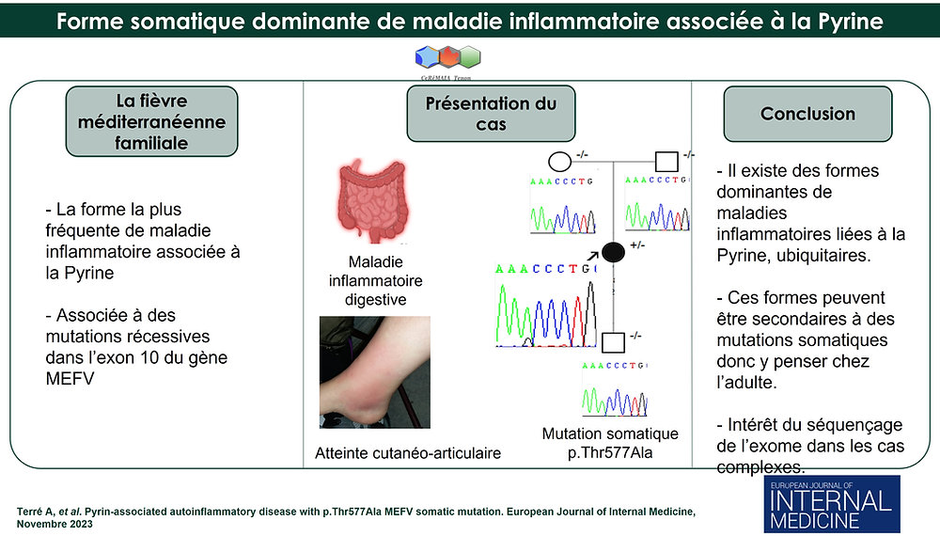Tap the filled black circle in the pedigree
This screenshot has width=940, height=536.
(x=613, y=251)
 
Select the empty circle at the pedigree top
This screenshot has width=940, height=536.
(x=559, y=161)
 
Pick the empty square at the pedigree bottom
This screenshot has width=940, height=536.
(x=613, y=342)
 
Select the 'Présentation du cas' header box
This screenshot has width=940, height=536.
(x=491, y=114)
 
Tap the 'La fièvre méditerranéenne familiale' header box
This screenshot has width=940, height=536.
(x=152, y=121)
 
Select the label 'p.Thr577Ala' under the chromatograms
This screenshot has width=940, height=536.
(x=609, y=452)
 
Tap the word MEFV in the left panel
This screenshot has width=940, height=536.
(x=67, y=378)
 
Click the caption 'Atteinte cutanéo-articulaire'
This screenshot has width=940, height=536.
(x=408, y=453)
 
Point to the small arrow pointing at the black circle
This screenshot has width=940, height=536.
(x=591, y=254)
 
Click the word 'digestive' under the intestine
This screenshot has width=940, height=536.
(x=374, y=300)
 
